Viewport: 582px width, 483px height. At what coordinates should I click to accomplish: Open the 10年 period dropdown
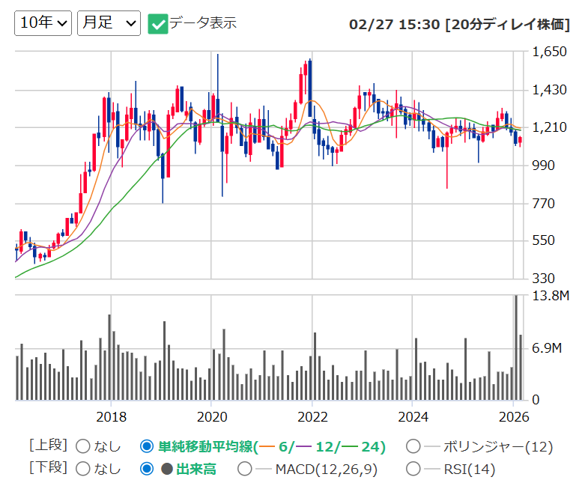(43, 23)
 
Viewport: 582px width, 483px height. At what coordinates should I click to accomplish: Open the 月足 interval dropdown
(109, 23)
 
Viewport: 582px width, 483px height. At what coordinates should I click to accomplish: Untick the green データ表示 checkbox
(158, 24)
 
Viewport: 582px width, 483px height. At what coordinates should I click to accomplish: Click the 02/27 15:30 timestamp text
(394, 25)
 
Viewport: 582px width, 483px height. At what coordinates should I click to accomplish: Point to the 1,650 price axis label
(549, 52)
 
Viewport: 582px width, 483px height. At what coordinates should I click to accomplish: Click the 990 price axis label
(543, 165)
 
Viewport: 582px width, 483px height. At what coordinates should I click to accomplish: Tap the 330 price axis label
(543, 279)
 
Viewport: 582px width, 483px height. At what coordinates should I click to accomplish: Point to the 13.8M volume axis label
(551, 296)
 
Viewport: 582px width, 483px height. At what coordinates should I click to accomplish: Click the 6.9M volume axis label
(547, 348)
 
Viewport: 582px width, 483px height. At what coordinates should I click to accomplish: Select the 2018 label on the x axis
(111, 417)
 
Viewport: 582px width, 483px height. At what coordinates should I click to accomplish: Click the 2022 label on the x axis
(312, 417)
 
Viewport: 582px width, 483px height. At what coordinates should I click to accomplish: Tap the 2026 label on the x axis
(514, 417)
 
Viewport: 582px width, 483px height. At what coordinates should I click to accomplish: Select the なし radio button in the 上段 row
(83, 446)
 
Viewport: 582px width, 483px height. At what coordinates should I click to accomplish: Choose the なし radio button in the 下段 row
(83, 469)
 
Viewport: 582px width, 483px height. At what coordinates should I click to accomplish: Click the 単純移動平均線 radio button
(147, 446)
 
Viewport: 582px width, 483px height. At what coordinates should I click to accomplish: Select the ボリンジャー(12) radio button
(413, 446)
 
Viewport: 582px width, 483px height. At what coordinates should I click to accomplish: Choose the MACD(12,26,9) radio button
(245, 469)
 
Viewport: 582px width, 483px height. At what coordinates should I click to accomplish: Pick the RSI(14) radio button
(413, 469)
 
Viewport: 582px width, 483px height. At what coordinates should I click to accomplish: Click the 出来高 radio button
(147, 469)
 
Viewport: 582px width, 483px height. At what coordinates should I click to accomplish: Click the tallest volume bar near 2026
(516, 347)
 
